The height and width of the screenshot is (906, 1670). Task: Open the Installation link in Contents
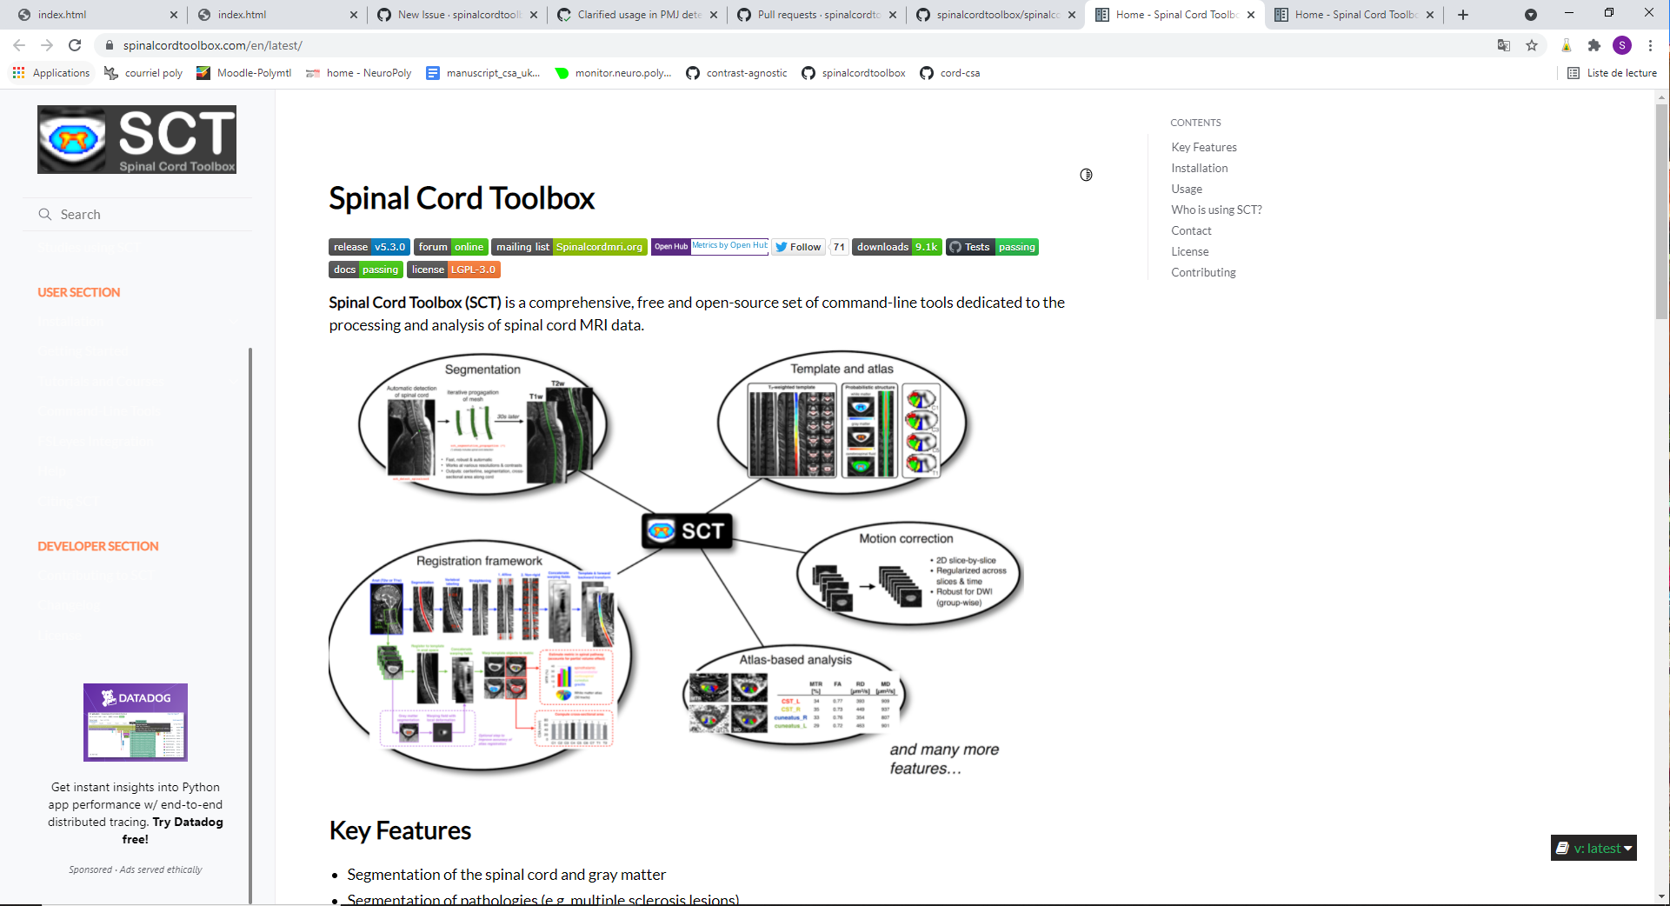pos(1199,168)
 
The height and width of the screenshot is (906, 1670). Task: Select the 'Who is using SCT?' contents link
pos(1216,210)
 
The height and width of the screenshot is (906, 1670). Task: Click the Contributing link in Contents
pos(1203,272)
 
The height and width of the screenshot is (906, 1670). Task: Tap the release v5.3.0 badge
pos(369,247)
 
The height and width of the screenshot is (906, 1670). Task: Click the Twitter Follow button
pos(798,247)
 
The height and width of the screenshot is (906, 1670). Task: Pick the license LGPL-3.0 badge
pos(453,270)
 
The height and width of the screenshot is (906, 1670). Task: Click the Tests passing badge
pos(992,247)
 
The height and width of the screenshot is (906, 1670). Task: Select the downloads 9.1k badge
pos(896,247)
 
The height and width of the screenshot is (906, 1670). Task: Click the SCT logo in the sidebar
pos(136,139)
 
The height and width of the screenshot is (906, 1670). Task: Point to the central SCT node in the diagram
pos(688,530)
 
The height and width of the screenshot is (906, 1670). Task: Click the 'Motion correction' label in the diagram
pos(906,538)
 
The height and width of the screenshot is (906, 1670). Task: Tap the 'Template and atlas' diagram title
pos(842,369)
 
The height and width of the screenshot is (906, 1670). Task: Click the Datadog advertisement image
pos(136,723)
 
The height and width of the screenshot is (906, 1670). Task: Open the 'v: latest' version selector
pos(1593,848)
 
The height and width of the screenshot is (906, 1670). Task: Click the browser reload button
pos(75,45)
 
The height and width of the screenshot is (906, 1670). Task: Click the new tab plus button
pos(1463,15)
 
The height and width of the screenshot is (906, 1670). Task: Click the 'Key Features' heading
pos(400,830)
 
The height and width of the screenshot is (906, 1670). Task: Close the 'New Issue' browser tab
pos(534,15)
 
